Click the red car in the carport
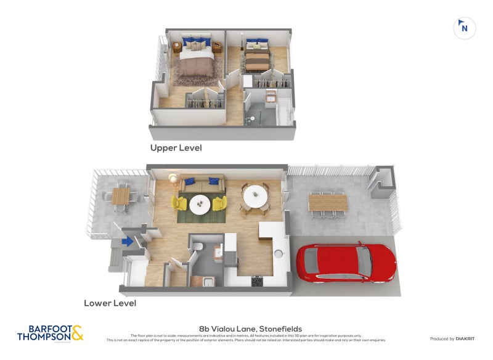point(346,262)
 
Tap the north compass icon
point(464,28)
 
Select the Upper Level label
point(176,148)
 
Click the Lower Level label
point(110,303)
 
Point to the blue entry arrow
point(128,242)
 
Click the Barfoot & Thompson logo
point(50,333)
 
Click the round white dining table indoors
point(255,198)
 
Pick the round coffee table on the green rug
point(199,205)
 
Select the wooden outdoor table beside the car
point(328,202)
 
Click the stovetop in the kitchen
point(256,281)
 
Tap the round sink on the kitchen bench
point(278,253)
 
